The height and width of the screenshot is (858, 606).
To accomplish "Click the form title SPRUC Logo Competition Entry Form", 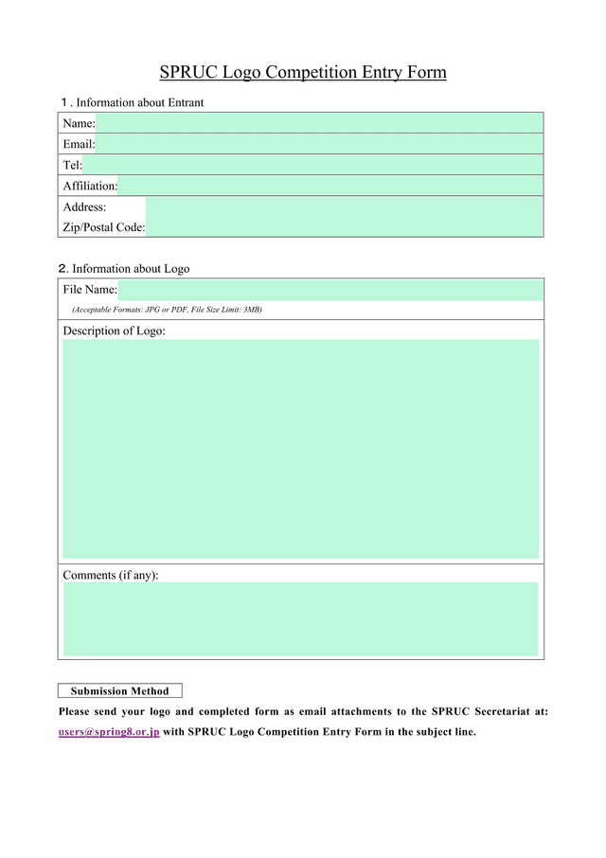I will click(x=302, y=72).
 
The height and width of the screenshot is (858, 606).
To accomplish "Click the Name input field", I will click(x=319, y=123).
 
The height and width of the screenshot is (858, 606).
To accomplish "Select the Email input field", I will click(x=319, y=144).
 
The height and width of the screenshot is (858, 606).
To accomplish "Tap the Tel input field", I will click(x=312, y=165).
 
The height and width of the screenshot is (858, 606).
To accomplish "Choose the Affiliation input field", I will click(x=330, y=186).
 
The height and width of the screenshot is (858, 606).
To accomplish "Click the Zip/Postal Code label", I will click(x=104, y=227).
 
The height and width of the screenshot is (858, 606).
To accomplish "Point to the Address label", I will click(x=84, y=206).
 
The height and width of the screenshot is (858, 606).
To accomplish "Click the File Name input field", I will click(x=330, y=290).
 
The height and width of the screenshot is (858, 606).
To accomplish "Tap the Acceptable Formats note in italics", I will click(x=167, y=311).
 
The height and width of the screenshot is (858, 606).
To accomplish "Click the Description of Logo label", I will click(x=114, y=331).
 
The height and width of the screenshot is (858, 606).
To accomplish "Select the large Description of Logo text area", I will click(x=300, y=449).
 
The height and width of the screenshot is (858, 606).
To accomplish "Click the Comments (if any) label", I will click(x=110, y=575).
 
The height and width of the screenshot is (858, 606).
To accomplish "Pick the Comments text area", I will click(x=300, y=618).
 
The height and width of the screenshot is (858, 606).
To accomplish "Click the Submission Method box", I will click(x=119, y=691).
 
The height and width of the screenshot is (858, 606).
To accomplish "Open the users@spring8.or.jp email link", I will click(x=109, y=731).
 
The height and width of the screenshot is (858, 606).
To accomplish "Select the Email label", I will click(x=79, y=144).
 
